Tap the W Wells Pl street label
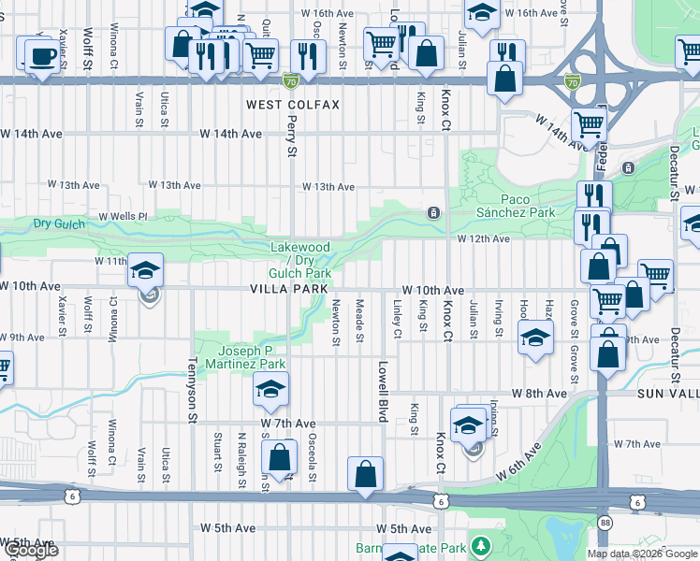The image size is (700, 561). pos(124,216)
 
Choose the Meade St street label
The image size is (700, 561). pos(359,321)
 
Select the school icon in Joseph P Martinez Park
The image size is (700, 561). pos(270,391)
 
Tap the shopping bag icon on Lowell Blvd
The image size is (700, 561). pos(365,474)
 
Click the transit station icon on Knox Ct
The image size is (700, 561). pos(433,212)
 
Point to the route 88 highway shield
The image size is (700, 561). pos(606,521)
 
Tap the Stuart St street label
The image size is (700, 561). pos(216,447)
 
